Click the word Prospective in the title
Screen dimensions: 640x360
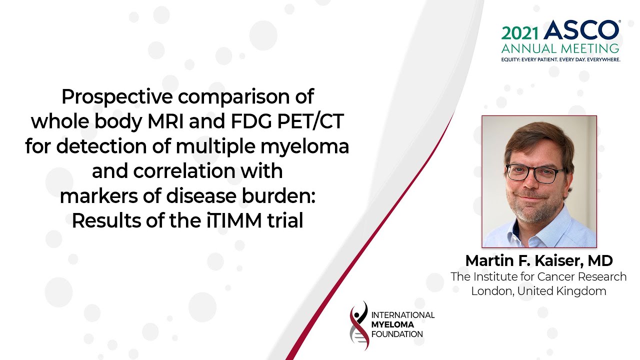(x=117, y=97)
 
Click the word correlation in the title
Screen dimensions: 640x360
(x=184, y=171)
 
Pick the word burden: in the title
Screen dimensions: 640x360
(x=278, y=196)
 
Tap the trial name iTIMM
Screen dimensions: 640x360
(x=234, y=221)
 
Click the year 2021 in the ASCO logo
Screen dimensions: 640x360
(x=519, y=33)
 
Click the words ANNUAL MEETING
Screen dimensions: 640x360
(x=560, y=48)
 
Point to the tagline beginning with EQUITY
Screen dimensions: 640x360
(x=560, y=59)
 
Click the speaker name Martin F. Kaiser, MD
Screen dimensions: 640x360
(x=539, y=260)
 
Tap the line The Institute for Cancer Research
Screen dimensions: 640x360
(x=538, y=276)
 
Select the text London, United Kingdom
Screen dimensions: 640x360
(x=538, y=291)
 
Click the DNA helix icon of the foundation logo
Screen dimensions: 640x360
(x=359, y=325)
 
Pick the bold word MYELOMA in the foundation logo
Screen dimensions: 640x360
(x=392, y=324)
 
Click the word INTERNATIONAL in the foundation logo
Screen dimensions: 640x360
(x=403, y=315)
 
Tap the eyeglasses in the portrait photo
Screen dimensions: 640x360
(x=534, y=173)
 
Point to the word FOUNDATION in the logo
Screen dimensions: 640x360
(x=397, y=334)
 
